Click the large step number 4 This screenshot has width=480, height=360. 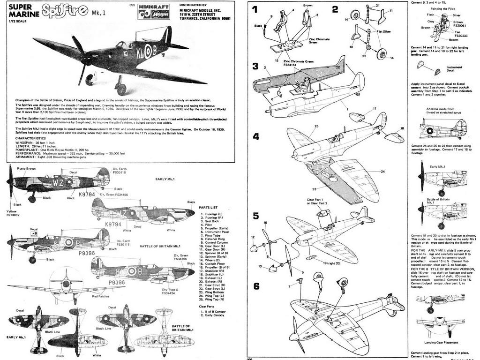coord(256,137)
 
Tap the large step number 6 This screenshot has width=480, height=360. coord(256,286)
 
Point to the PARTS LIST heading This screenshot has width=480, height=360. coord(209,207)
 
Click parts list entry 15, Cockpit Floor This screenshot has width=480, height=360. coord(213,264)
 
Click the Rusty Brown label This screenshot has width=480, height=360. coord(26,168)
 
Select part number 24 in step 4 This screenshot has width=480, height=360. coord(382,172)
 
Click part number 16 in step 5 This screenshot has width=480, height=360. coord(265,223)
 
